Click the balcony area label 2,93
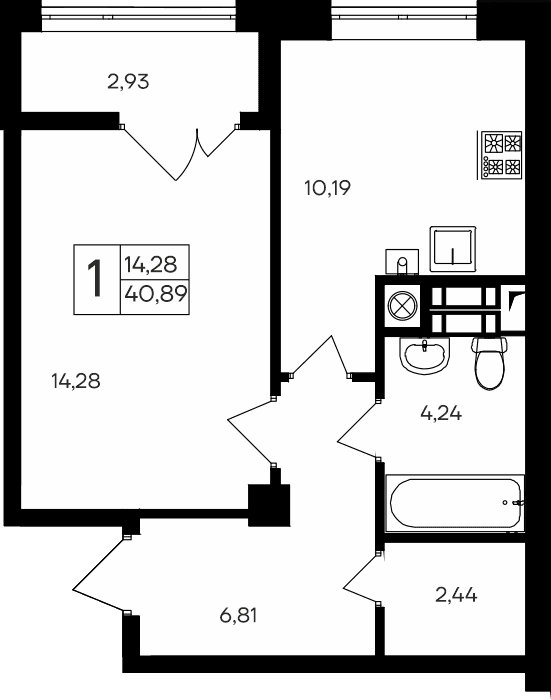[128, 82]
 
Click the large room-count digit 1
[96, 279]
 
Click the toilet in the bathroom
[490, 362]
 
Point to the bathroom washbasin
[424, 353]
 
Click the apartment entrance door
[100, 577]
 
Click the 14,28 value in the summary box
[151, 264]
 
